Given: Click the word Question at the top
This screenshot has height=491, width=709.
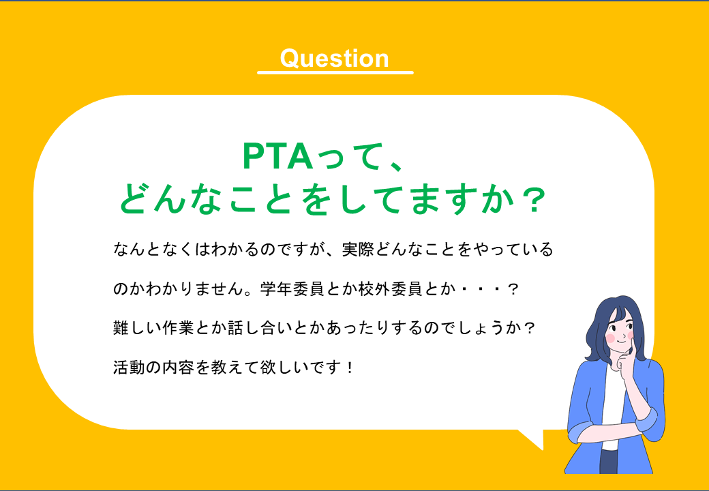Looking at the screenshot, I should pos(334,59).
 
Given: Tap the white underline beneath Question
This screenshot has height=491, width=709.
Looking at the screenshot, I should pos(335,72).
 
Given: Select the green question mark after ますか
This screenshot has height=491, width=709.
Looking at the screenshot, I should pos(530,200).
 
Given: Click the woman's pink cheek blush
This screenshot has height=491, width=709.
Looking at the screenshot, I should pos(611,338).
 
